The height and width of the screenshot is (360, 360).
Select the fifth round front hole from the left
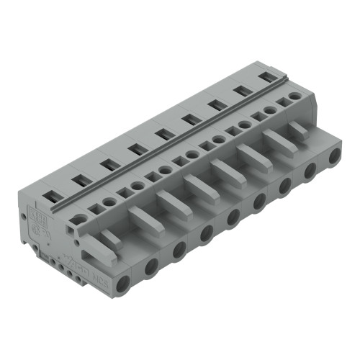(233, 216)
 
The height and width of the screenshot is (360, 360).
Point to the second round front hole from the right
(310, 171)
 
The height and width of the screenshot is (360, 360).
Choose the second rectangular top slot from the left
(80, 178)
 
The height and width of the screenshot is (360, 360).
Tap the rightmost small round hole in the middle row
(294, 96)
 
